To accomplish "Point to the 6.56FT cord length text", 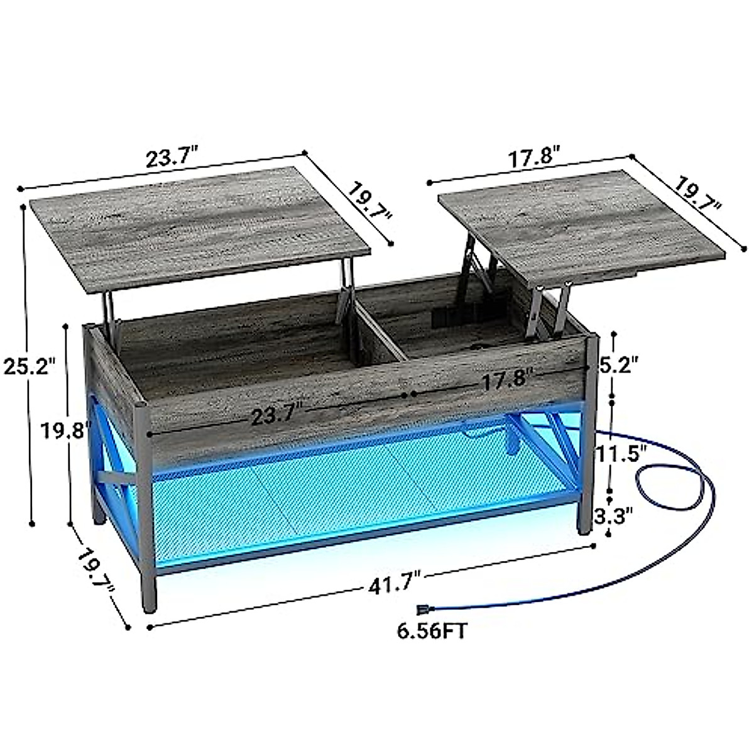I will [432, 630].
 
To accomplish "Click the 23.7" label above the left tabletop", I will [172, 157].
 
